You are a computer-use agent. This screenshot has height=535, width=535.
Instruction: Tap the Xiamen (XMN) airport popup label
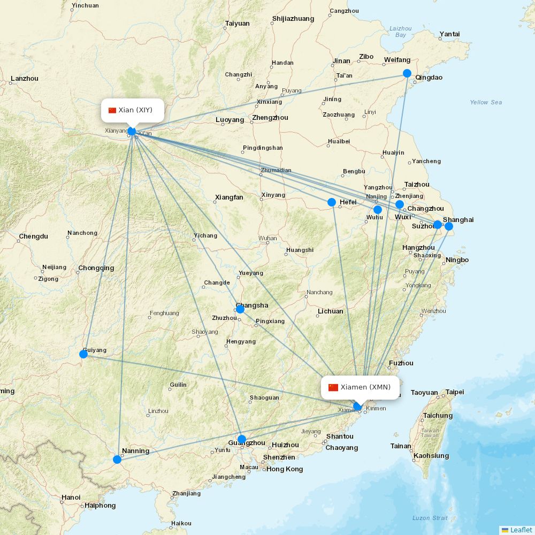[360, 387]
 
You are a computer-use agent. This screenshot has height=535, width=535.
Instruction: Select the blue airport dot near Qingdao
[407, 73]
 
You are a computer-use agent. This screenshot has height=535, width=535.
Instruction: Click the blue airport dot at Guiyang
[83, 354]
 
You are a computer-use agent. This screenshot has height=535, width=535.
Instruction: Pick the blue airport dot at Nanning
[117, 459]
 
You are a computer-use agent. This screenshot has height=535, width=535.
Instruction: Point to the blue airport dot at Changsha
[240, 309]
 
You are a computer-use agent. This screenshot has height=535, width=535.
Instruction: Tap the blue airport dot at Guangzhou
[242, 439]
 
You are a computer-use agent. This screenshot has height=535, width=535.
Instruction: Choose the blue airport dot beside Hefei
[332, 202]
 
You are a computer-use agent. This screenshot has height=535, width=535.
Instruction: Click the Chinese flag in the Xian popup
[112, 110]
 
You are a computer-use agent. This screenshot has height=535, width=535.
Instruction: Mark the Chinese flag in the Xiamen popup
[333, 387]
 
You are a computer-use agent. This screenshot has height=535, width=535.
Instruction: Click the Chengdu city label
[33, 236]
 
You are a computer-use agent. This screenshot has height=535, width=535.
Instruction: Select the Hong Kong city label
[285, 469]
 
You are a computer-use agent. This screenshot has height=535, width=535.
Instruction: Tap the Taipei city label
[455, 392]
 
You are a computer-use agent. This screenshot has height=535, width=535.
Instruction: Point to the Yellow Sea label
[486, 102]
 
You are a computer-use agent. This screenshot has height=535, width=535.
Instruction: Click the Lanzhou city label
[25, 79]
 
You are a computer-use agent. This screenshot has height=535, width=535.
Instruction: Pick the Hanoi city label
[71, 498]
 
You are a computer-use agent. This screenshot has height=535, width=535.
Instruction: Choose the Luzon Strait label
[430, 518]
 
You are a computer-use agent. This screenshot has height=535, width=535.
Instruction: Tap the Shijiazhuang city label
[293, 19]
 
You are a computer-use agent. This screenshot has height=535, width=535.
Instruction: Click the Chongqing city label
[96, 268]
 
